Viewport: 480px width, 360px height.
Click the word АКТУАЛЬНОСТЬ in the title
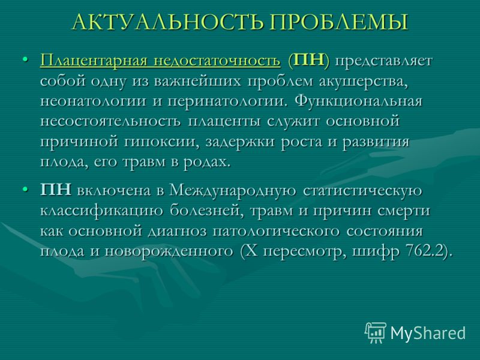pyautogui.click(x=168, y=22)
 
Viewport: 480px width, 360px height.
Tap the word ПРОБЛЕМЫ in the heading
pyautogui.click(x=339, y=22)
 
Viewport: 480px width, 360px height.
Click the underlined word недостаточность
pyautogui.click(x=217, y=61)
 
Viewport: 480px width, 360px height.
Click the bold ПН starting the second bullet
pyautogui.click(x=56, y=190)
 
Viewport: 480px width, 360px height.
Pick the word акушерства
pyautogui.click(x=364, y=82)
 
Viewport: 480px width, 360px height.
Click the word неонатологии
pyautogui.click(x=93, y=101)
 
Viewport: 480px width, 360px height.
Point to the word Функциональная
pyautogui.click(x=358, y=101)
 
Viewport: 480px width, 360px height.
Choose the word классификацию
pyautogui.click(x=101, y=211)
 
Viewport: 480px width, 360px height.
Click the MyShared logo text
pyautogui.click(x=428, y=332)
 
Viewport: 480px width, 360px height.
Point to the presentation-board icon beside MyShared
pyautogui.click(x=376, y=332)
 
